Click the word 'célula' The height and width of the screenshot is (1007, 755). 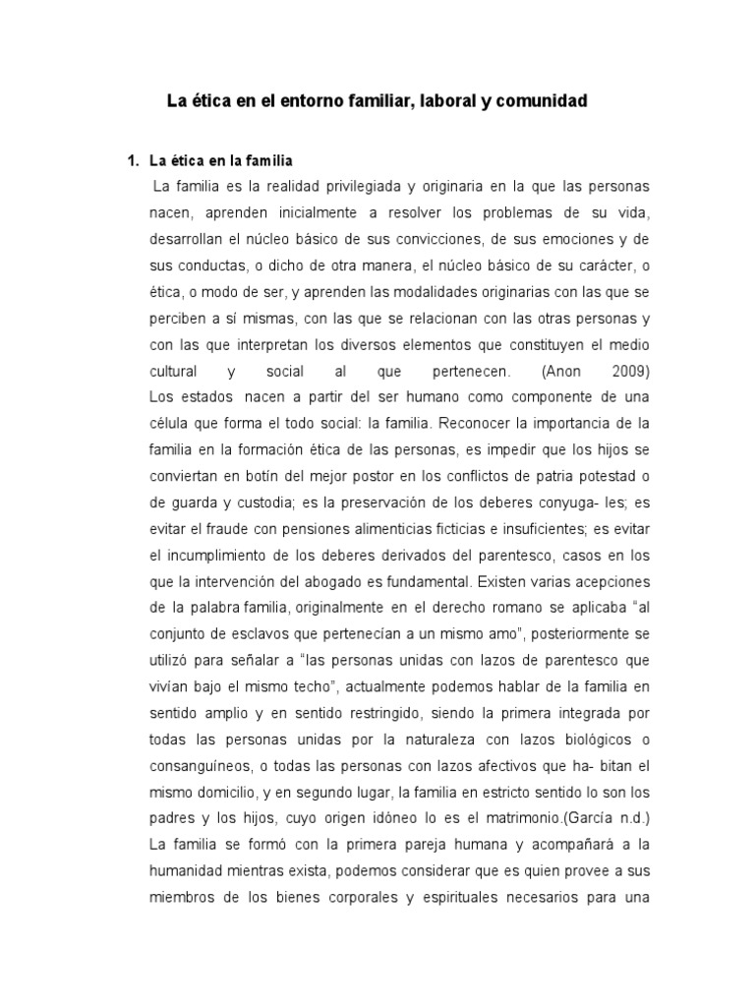coord(173,425)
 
